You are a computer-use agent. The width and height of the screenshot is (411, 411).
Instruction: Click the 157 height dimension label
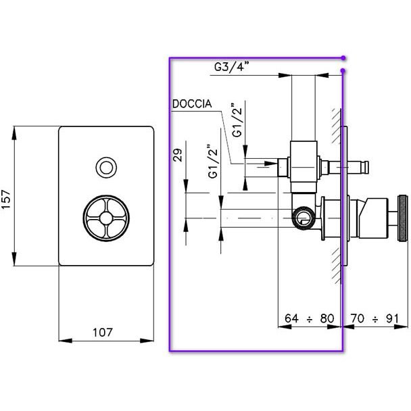6,199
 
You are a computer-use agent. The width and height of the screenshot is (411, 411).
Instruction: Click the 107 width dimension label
103,333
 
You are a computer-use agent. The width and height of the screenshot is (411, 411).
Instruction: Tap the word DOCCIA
192,104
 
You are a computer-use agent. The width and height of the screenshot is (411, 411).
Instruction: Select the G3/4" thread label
231,66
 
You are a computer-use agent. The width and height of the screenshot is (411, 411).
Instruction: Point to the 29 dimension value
178,155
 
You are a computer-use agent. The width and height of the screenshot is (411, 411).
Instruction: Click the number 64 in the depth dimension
291,318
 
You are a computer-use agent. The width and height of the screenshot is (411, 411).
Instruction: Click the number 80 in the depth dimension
327,318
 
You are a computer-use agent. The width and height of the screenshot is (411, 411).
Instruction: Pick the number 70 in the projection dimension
358,318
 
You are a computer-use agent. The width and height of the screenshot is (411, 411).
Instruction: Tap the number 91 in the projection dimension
392,318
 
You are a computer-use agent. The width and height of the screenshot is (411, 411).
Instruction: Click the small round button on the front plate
106,167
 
